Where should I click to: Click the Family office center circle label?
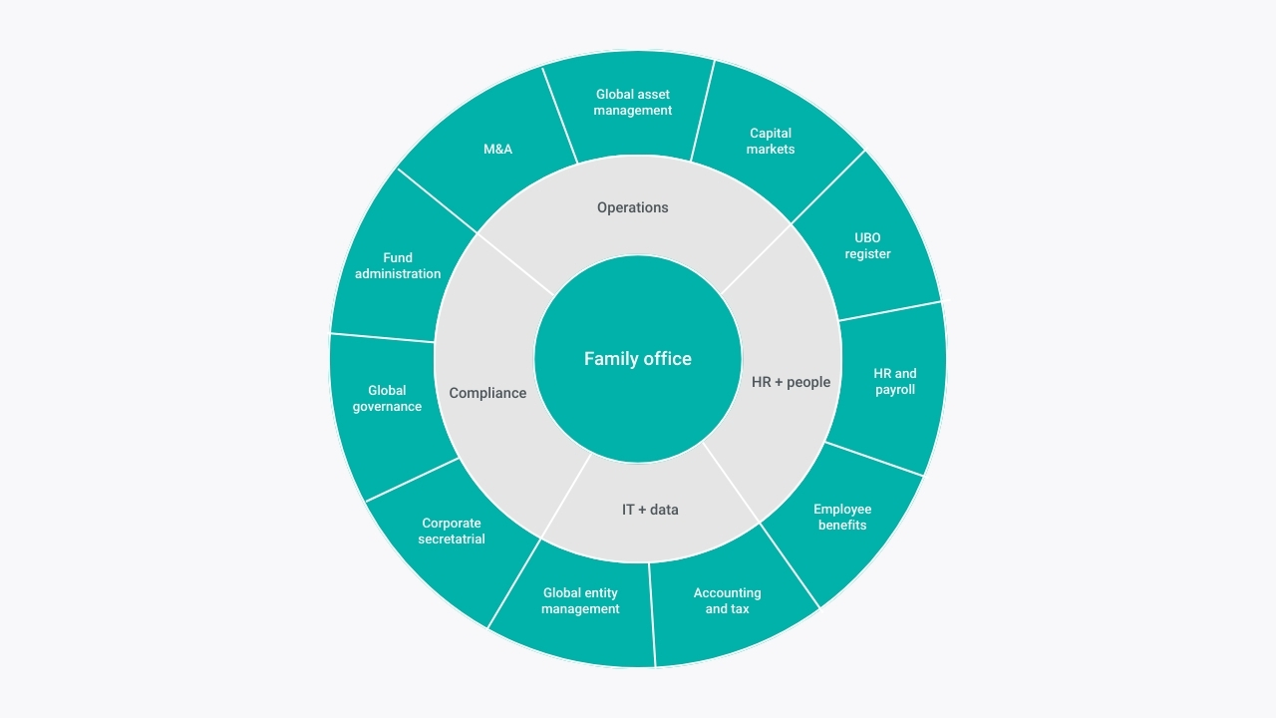(637, 359)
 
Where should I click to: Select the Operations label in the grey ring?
(632, 207)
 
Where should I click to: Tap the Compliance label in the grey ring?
(487, 393)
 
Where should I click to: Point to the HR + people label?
(791, 382)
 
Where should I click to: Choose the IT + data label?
(650, 510)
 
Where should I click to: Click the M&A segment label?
(497, 150)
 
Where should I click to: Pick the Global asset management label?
(632, 102)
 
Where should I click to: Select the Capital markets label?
(771, 141)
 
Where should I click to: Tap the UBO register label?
(867, 245)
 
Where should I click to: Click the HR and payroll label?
(895, 381)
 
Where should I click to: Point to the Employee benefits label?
(842, 517)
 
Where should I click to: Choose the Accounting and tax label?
(727, 600)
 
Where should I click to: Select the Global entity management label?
(580, 600)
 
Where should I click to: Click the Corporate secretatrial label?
(452, 532)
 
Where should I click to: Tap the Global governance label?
(387, 398)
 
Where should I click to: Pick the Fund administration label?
(398, 265)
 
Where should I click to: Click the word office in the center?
(667, 359)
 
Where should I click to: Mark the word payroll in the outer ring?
(895, 390)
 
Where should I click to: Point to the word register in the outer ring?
(867, 254)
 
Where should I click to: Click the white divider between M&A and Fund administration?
(437, 200)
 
